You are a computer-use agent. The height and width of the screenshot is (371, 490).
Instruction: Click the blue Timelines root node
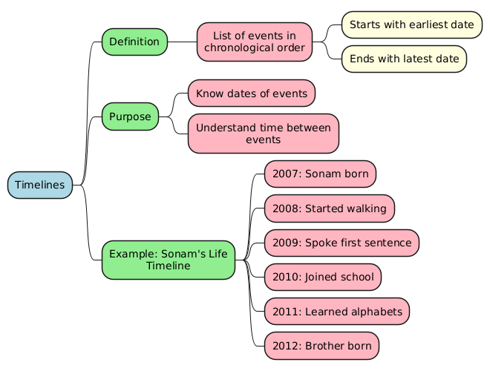point(40,185)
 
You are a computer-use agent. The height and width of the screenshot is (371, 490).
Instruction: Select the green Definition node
point(134,42)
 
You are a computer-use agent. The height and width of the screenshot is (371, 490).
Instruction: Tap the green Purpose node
point(130,116)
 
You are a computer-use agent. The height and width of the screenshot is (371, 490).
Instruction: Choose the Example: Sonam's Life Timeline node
point(168,260)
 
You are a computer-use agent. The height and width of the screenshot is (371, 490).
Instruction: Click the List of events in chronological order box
point(254,42)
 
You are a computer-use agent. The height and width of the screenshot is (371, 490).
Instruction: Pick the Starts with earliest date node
point(411,24)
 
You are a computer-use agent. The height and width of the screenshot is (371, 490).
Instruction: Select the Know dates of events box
point(252,93)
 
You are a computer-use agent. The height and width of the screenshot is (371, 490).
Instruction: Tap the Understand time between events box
point(263,134)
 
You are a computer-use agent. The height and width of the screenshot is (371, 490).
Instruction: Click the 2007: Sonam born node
point(319,174)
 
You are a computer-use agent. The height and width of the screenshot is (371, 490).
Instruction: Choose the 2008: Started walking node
point(329,209)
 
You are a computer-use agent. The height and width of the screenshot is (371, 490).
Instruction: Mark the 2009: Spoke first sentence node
point(341,243)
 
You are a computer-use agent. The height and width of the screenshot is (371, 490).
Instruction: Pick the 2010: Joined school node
point(322,277)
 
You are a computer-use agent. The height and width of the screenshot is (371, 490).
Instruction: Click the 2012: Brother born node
point(321,346)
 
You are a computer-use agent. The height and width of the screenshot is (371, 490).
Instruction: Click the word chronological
point(238,48)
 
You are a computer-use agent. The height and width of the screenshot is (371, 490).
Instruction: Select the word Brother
point(324,346)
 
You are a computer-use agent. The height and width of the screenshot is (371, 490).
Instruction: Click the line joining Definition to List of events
point(182,42)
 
